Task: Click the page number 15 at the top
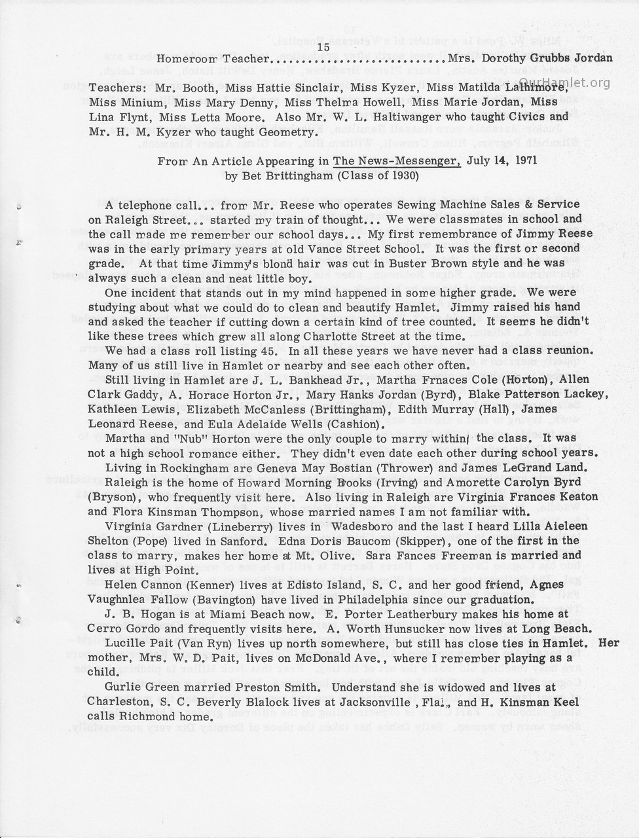point(323,46)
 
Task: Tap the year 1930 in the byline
point(395,175)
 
